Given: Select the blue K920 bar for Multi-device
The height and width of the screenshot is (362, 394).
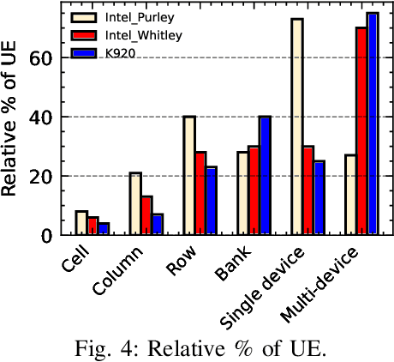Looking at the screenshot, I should [372, 124].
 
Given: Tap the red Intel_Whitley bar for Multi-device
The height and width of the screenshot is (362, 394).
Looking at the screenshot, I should [361, 131].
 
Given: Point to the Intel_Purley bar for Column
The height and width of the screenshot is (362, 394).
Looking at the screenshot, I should [135, 203].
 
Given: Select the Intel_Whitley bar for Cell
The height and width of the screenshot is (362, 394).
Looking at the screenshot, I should [93, 226].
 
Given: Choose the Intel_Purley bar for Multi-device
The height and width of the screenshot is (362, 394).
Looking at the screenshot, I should [350, 195].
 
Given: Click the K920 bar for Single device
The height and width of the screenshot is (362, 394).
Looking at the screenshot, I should [318, 197].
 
